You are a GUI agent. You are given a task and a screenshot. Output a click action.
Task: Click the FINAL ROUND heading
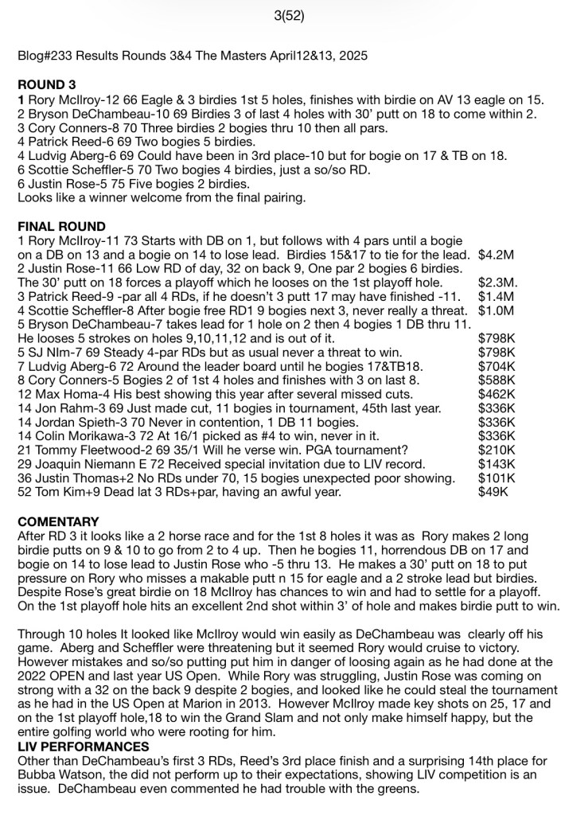[60, 227]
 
